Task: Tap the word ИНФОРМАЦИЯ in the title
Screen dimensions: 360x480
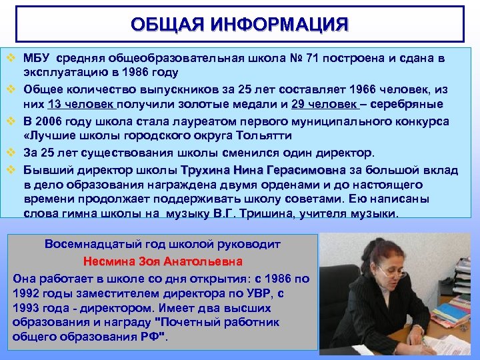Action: [279, 25]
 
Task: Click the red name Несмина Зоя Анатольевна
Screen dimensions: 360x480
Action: [163, 261]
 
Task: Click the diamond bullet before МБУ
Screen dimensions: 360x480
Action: [10, 58]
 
